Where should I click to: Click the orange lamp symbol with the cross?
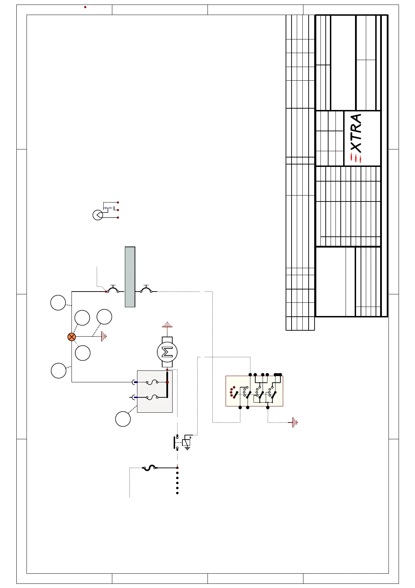pyautogui.click(x=71, y=337)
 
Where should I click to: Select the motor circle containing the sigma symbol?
pyautogui.click(x=167, y=352)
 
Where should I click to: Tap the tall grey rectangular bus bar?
pyautogui.click(x=130, y=277)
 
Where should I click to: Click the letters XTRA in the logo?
pyautogui.click(x=356, y=133)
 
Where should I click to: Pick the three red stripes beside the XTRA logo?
pyautogui.click(x=356, y=159)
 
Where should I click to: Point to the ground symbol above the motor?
pyautogui.click(x=167, y=324)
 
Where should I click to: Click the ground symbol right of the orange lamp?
pyautogui.click(x=104, y=337)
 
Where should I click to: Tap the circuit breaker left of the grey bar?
pyautogui.click(x=113, y=289)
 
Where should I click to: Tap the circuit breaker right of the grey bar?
pyautogui.click(x=146, y=289)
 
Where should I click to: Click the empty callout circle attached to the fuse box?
pyautogui.click(x=123, y=419)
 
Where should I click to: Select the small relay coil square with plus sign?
pyautogui.click(x=187, y=442)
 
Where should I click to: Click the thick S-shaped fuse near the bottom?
pyautogui.click(x=150, y=468)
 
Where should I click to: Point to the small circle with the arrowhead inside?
pyautogui.click(x=98, y=215)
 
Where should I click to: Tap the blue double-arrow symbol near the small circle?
pyautogui.click(x=108, y=208)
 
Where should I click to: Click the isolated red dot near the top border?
pyautogui.click(x=85, y=7)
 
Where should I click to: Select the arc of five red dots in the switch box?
pyautogui.click(x=232, y=392)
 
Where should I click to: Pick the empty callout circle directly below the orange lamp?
pyautogui.click(x=83, y=353)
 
